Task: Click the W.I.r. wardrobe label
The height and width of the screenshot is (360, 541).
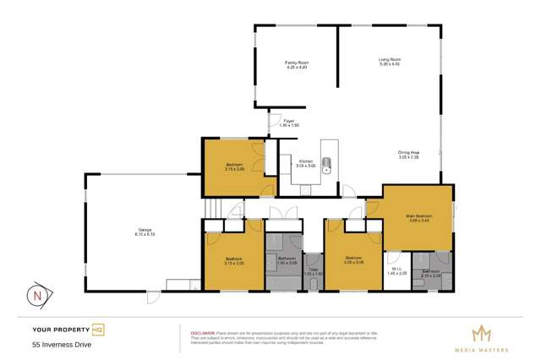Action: [x=396, y=271]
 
